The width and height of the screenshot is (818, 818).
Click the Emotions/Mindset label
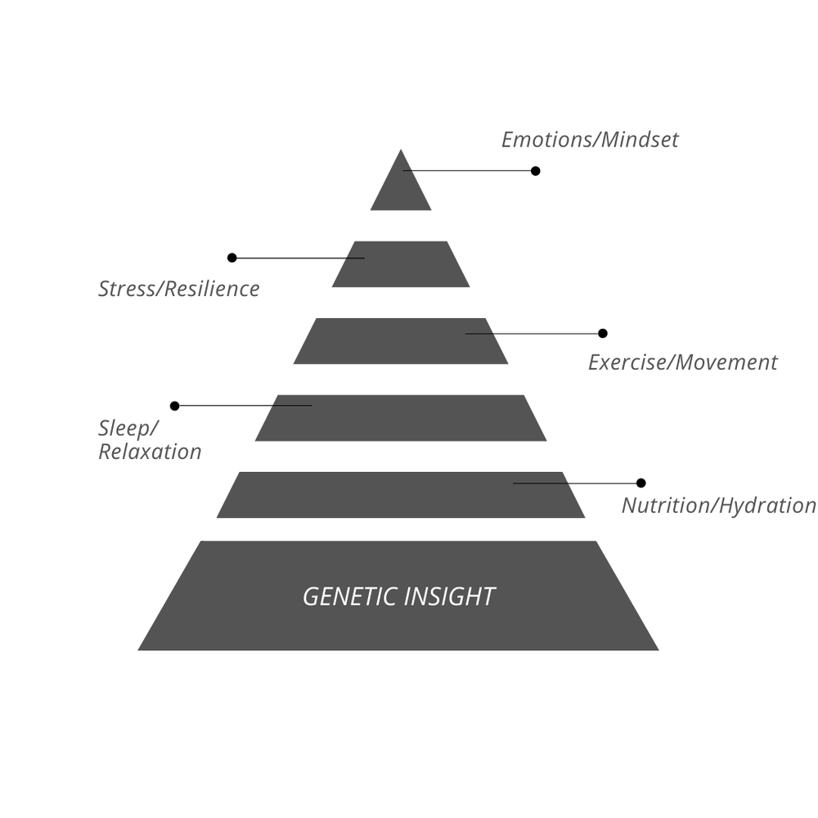590,140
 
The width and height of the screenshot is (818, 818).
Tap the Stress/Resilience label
179,289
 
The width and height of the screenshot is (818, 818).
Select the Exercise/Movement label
682,362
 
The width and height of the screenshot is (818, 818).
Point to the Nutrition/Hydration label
718,506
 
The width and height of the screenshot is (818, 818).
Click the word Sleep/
128,429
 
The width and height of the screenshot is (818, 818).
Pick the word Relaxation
150,452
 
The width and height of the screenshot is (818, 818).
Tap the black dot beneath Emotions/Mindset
535,171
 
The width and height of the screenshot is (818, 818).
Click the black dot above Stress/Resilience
231,258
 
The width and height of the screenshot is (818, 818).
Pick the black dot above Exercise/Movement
603,334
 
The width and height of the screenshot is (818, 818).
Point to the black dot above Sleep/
174,406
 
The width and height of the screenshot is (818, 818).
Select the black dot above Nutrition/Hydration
640,483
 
